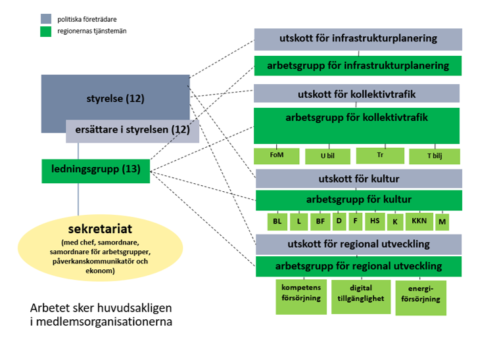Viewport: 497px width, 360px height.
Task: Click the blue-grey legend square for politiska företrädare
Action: [x=45, y=19]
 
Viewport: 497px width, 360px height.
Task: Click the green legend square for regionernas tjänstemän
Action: [x=45, y=31]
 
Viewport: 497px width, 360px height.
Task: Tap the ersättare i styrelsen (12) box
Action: [x=132, y=131]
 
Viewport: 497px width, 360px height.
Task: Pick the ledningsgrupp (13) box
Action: [x=96, y=170]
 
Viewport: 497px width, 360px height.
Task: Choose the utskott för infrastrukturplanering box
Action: [x=358, y=39]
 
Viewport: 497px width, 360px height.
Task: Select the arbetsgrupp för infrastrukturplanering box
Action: [x=358, y=66]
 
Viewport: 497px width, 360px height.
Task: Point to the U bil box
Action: [x=327, y=157]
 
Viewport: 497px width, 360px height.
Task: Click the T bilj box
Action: [x=434, y=157]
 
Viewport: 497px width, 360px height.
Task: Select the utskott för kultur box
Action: [x=358, y=179]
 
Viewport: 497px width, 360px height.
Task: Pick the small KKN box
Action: [x=419, y=221]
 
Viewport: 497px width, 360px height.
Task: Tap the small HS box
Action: [x=375, y=221]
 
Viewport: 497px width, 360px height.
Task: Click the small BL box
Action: [x=277, y=222]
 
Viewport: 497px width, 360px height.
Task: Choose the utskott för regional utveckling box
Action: [x=358, y=244]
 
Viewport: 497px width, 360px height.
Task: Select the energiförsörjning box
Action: [x=420, y=297]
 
